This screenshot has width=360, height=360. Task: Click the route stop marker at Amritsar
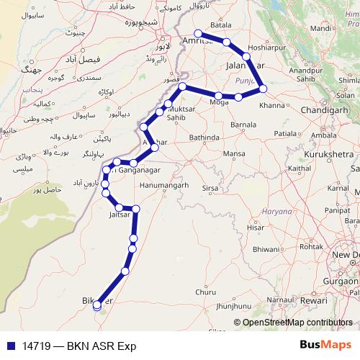(199, 33)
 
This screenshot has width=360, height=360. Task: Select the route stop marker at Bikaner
(97, 305)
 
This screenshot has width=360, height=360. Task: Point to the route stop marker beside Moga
(218, 96)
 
